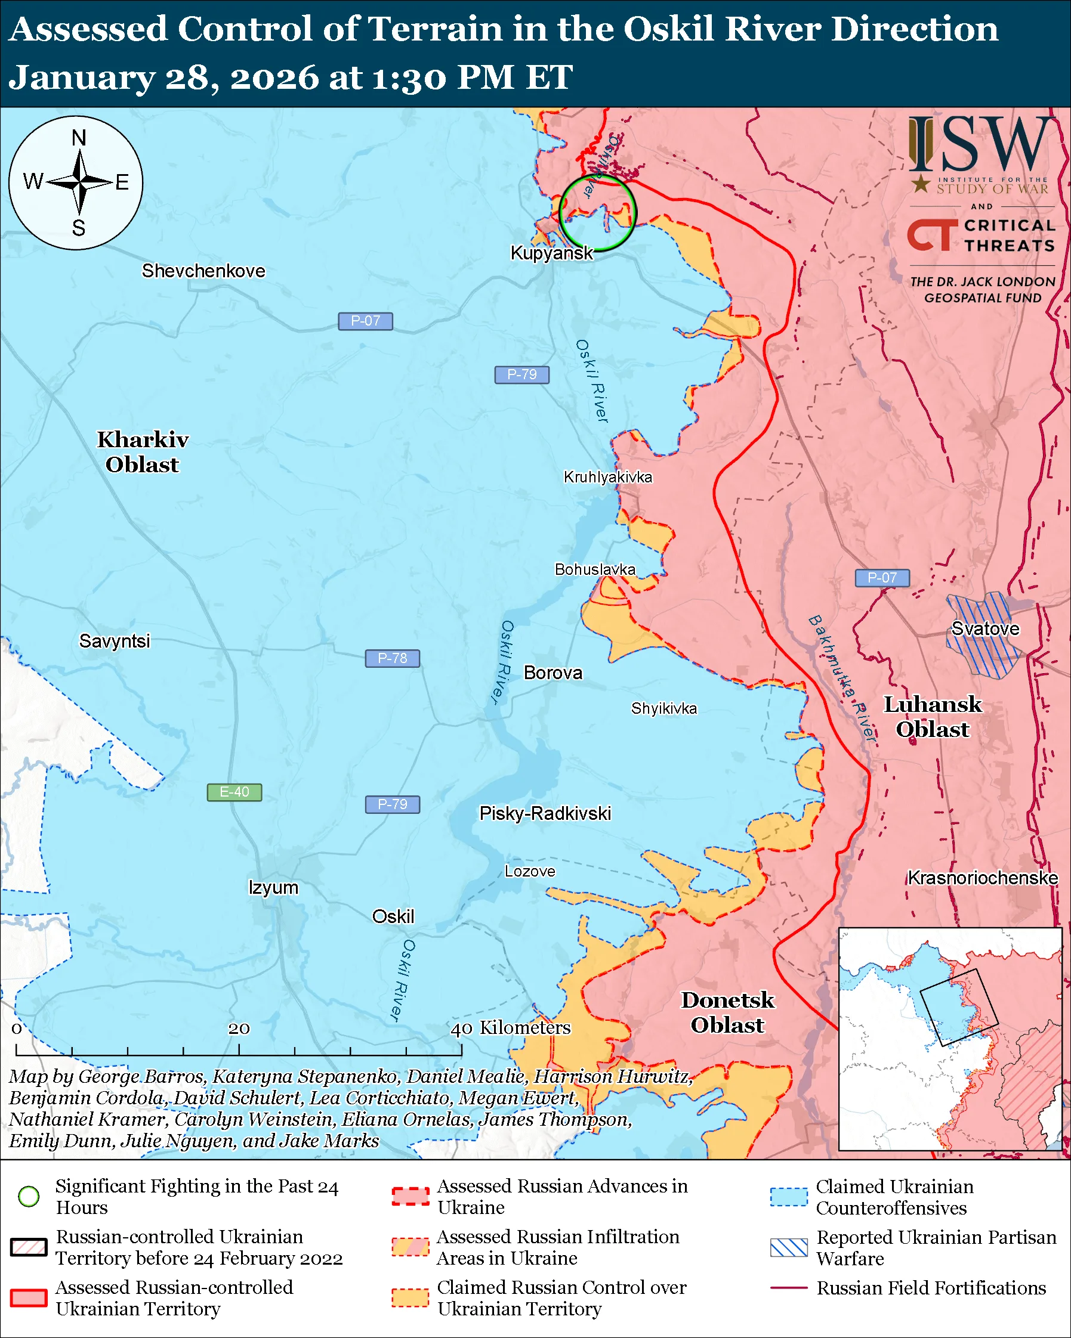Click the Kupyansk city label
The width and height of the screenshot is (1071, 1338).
(551, 253)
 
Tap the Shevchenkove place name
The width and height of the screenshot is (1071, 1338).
(203, 271)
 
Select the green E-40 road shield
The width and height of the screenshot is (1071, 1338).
(234, 792)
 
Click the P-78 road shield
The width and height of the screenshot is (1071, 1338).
(392, 658)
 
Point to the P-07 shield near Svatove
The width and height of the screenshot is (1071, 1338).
(881, 578)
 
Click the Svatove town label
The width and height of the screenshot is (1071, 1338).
(984, 628)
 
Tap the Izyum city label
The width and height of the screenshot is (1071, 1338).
(273, 887)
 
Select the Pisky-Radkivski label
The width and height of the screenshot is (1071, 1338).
(545, 814)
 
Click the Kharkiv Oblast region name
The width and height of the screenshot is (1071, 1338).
(142, 452)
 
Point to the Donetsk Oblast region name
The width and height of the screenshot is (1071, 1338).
(727, 1012)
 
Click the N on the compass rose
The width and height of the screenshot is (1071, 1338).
(79, 138)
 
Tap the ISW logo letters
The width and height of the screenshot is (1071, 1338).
(981, 145)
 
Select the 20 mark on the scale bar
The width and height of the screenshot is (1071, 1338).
(239, 1029)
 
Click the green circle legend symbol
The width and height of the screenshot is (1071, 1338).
(29, 1196)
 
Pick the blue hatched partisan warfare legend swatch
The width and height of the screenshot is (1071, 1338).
(789, 1247)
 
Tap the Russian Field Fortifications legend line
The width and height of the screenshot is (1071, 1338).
(789, 1289)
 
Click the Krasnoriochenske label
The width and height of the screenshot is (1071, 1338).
(982, 878)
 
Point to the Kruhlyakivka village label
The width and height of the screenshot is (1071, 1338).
(607, 477)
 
